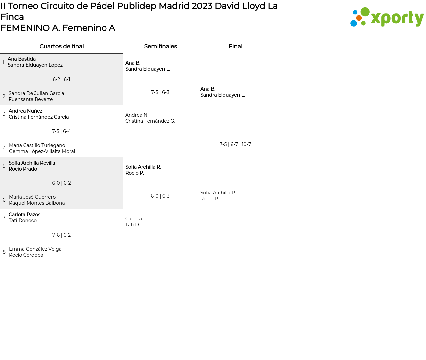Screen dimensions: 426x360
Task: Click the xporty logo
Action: (x=387, y=17)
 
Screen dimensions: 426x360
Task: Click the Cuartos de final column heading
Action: (x=62, y=46)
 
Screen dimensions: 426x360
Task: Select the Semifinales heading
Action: (x=160, y=46)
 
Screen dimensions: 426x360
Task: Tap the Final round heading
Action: (x=235, y=46)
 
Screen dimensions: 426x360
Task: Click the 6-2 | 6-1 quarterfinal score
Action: (x=61, y=79)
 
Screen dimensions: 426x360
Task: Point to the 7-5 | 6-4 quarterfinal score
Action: (x=61, y=131)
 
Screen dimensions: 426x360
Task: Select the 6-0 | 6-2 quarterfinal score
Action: (x=61, y=183)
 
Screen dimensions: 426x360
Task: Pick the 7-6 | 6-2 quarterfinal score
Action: (x=61, y=235)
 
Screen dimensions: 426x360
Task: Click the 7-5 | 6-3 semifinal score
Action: (x=160, y=92)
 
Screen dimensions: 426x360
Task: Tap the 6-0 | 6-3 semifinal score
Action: (x=160, y=196)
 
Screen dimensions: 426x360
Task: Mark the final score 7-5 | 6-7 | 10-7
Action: (x=235, y=144)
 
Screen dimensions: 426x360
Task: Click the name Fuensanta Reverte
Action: (x=31, y=99)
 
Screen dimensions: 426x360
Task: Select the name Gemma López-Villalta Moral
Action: (x=42, y=151)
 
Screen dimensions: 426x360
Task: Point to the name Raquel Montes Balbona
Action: (x=37, y=203)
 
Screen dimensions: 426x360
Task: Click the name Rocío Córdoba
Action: (x=26, y=255)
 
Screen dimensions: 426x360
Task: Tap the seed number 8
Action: (x=4, y=252)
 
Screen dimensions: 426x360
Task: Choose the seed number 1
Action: (x=3, y=62)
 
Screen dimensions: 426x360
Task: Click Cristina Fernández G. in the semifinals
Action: (x=150, y=121)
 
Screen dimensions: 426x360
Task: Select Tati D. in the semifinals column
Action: (x=132, y=225)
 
